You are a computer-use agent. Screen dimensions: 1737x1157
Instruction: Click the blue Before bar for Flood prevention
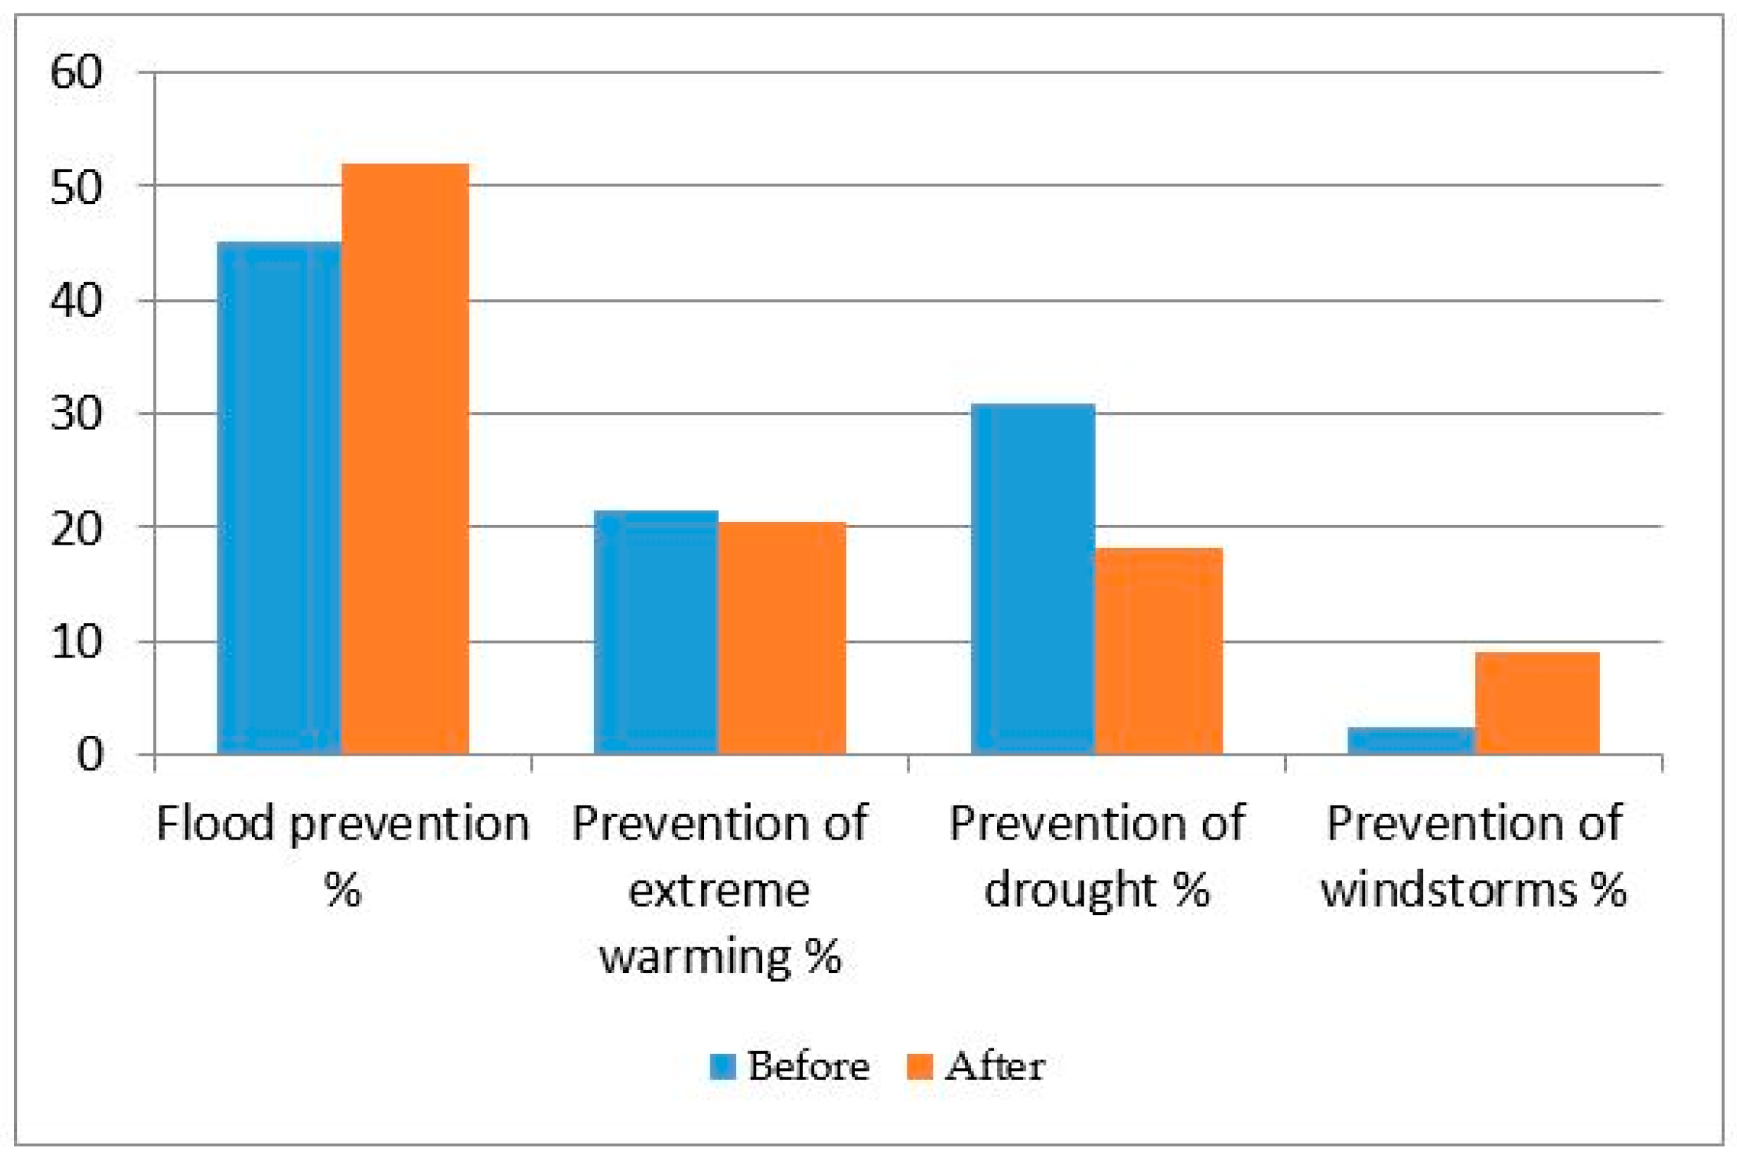[x=279, y=498]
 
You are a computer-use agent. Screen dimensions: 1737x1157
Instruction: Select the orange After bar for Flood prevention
[x=405, y=459]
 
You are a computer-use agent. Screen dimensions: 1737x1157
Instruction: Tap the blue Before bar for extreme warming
[x=656, y=632]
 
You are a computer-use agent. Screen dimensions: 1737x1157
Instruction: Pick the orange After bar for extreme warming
[x=782, y=638]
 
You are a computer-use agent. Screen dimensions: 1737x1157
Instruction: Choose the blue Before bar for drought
[x=1033, y=579]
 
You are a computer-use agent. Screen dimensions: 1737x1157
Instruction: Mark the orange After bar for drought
[x=1159, y=650]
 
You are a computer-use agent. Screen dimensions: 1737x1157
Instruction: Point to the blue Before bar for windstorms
[x=1411, y=741]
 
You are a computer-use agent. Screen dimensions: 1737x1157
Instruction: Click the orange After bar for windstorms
[x=1538, y=703]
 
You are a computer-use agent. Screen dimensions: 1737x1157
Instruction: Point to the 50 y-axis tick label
[x=75, y=186]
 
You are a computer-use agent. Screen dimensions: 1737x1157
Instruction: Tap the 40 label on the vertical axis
[x=75, y=301]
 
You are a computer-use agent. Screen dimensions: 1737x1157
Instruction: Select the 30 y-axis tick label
[x=75, y=414]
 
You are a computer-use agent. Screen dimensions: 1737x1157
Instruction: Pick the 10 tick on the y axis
[x=75, y=642]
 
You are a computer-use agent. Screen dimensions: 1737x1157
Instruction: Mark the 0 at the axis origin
[x=90, y=756]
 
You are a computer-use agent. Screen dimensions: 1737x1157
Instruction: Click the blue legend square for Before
[x=723, y=1066]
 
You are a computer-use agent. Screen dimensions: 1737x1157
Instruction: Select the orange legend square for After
[x=919, y=1066]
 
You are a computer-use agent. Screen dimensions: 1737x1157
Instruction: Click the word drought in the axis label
[x=1069, y=890]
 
